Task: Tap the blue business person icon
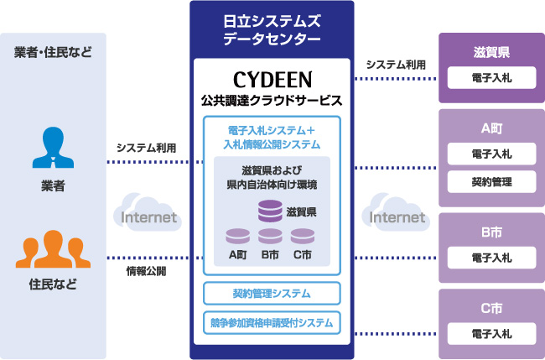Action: click(x=52, y=148)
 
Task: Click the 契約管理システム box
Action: click(x=272, y=294)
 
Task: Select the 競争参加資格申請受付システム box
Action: click(x=272, y=321)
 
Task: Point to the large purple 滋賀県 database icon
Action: click(x=270, y=209)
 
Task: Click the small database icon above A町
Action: click(x=238, y=236)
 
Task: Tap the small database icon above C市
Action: click(x=302, y=236)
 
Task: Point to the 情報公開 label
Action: click(x=146, y=271)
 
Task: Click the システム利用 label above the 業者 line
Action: click(x=146, y=148)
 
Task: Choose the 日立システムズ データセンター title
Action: click(x=272, y=29)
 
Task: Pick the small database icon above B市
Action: click(x=270, y=236)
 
